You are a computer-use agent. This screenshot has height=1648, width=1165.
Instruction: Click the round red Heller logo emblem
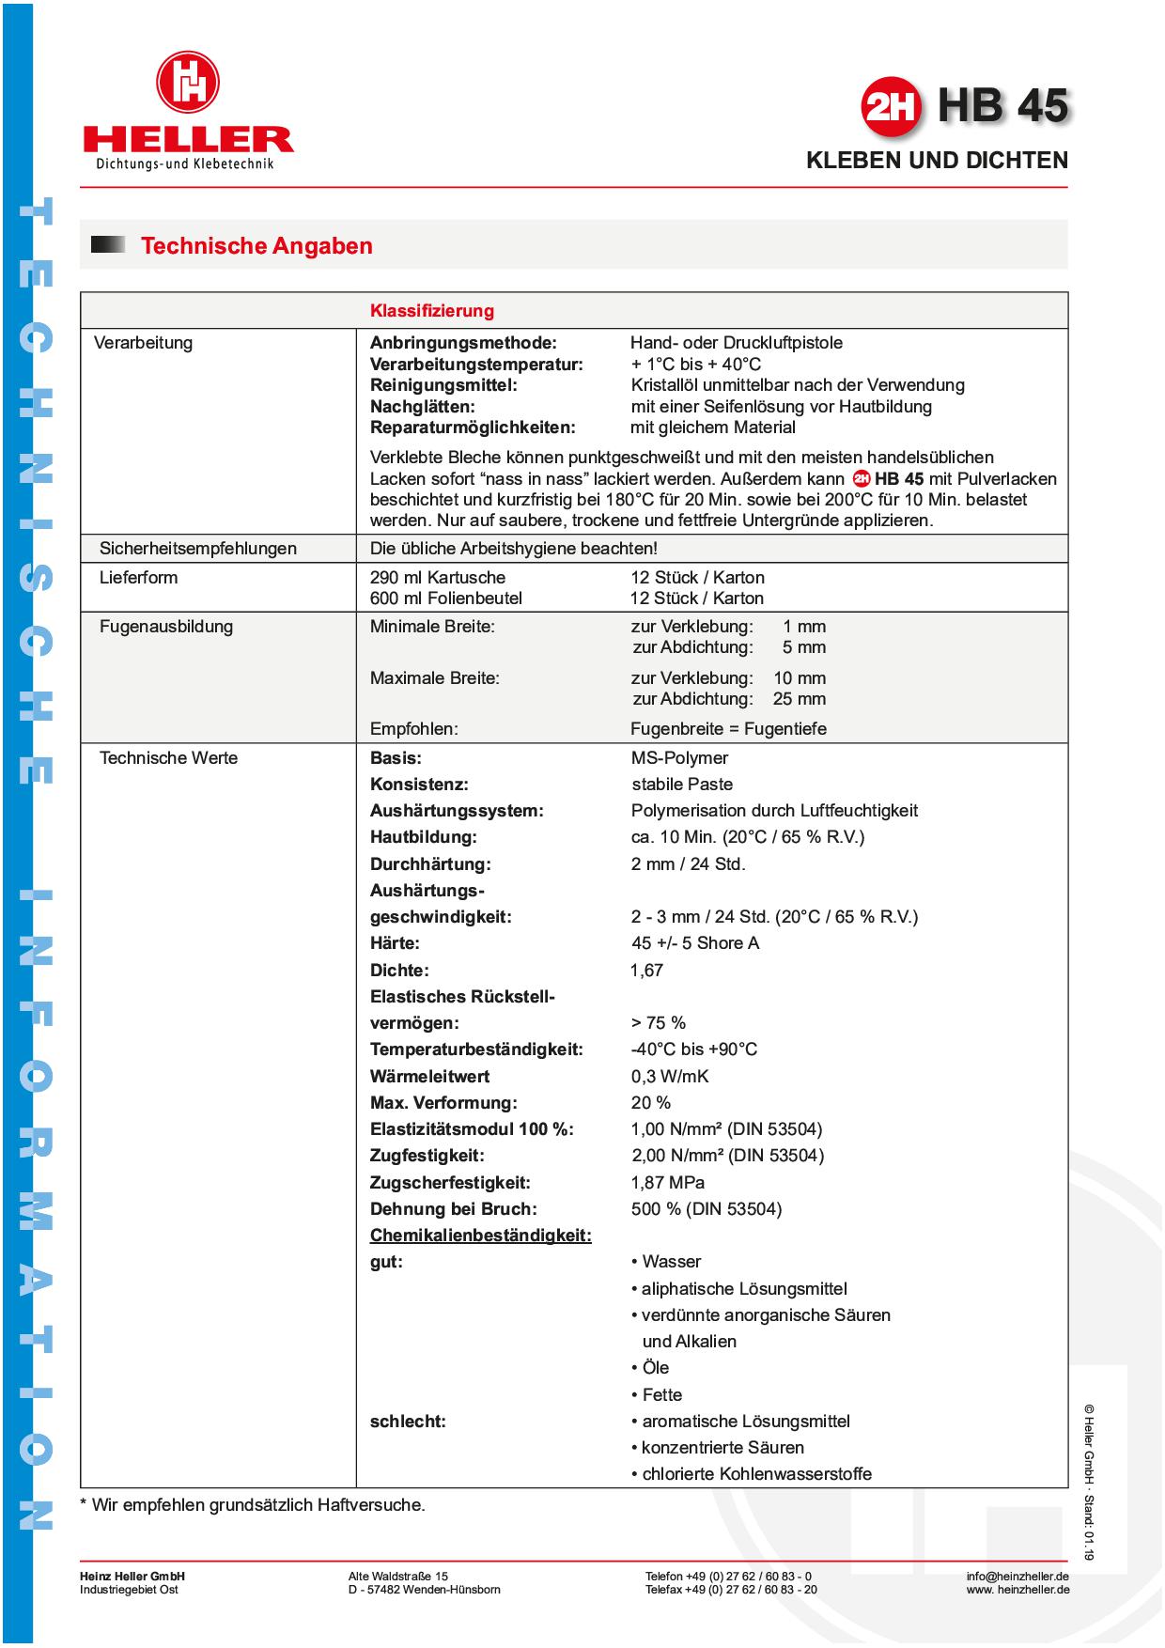[x=188, y=83]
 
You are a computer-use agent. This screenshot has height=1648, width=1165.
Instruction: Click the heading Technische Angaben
[x=256, y=246]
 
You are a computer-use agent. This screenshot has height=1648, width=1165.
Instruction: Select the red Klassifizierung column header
[x=431, y=311]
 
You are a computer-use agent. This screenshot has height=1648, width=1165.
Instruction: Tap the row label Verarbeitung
[x=143, y=343]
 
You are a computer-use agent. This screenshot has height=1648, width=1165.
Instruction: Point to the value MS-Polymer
[x=679, y=758]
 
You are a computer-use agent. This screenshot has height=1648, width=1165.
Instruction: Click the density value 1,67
[x=646, y=971]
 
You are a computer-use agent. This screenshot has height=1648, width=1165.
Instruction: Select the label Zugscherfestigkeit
[x=450, y=1183]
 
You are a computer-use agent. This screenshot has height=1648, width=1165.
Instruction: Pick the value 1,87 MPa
[x=667, y=1183]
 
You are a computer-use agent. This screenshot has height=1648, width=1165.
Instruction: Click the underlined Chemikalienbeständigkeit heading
[x=480, y=1236]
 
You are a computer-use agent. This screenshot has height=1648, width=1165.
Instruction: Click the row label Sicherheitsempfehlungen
[x=197, y=549]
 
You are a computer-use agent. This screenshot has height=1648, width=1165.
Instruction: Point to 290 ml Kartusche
[x=437, y=578]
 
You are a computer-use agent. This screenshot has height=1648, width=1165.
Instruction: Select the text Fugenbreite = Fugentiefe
[x=728, y=729]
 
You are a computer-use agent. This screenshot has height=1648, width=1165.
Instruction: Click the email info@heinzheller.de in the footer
[x=1017, y=1577]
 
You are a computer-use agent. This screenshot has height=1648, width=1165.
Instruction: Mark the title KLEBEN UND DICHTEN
[x=937, y=161]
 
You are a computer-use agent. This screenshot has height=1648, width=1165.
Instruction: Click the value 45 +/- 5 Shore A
[x=694, y=943]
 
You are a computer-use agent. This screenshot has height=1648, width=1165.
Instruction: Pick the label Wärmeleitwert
[x=429, y=1077]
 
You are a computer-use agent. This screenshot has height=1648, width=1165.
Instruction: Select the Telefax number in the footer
[x=730, y=1590]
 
